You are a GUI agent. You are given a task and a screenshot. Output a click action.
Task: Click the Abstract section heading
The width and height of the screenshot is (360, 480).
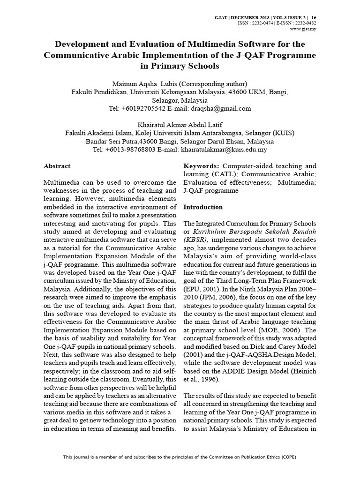(x=57, y=166)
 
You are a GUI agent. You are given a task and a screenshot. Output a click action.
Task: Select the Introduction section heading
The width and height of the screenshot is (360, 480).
(x=202, y=207)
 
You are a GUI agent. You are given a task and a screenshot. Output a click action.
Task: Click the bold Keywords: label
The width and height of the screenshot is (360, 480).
(x=201, y=166)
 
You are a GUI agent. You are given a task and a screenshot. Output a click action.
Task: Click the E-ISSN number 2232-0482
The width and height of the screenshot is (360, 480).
(x=304, y=23)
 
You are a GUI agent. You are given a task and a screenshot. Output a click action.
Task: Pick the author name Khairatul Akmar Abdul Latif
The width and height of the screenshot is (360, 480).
(x=180, y=125)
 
